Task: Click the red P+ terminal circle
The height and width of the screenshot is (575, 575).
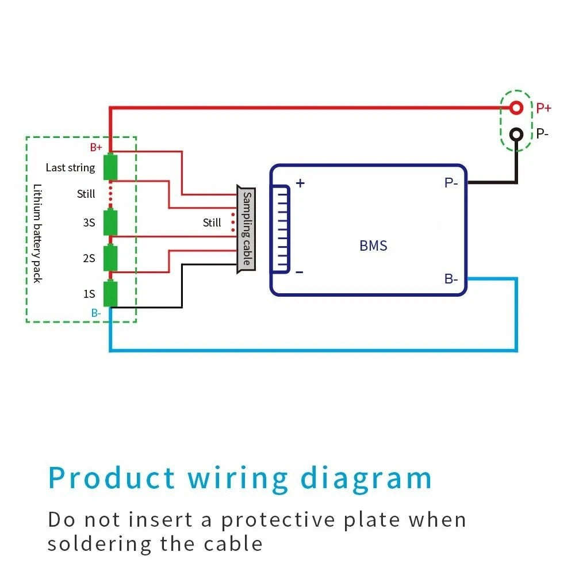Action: click(x=516, y=108)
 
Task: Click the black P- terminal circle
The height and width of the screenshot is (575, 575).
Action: click(x=516, y=134)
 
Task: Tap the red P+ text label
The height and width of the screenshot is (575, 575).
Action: click(x=543, y=108)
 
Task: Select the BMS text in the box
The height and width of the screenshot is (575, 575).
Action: click(x=373, y=246)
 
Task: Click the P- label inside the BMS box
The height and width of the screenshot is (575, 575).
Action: click(x=451, y=183)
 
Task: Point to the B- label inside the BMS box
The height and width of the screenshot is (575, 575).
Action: click(x=451, y=279)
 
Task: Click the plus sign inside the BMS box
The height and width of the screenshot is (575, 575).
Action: click(x=300, y=183)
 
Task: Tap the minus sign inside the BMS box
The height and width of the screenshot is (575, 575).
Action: click(x=300, y=272)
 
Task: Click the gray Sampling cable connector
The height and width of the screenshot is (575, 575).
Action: click(x=246, y=229)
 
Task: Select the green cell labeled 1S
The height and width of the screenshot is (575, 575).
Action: click(x=110, y=294)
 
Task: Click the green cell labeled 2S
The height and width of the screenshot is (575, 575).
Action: click(x=110, y=258)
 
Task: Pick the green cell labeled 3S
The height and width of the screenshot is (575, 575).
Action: click(x=110, y=223)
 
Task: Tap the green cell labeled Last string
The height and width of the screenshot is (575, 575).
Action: click(x=110, y=167)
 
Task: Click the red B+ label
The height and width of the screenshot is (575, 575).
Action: click(x=96, y=147)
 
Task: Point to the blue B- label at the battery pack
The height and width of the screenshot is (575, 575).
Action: click(x=96, y=313)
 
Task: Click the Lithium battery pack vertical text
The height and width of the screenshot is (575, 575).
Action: click(x=37, y=233)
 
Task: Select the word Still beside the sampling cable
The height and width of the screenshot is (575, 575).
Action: click(x=212, y=223)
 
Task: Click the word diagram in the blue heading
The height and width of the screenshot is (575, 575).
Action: click(x=367, y=478)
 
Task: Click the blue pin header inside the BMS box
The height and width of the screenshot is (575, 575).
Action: click(x=281, y=228)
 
